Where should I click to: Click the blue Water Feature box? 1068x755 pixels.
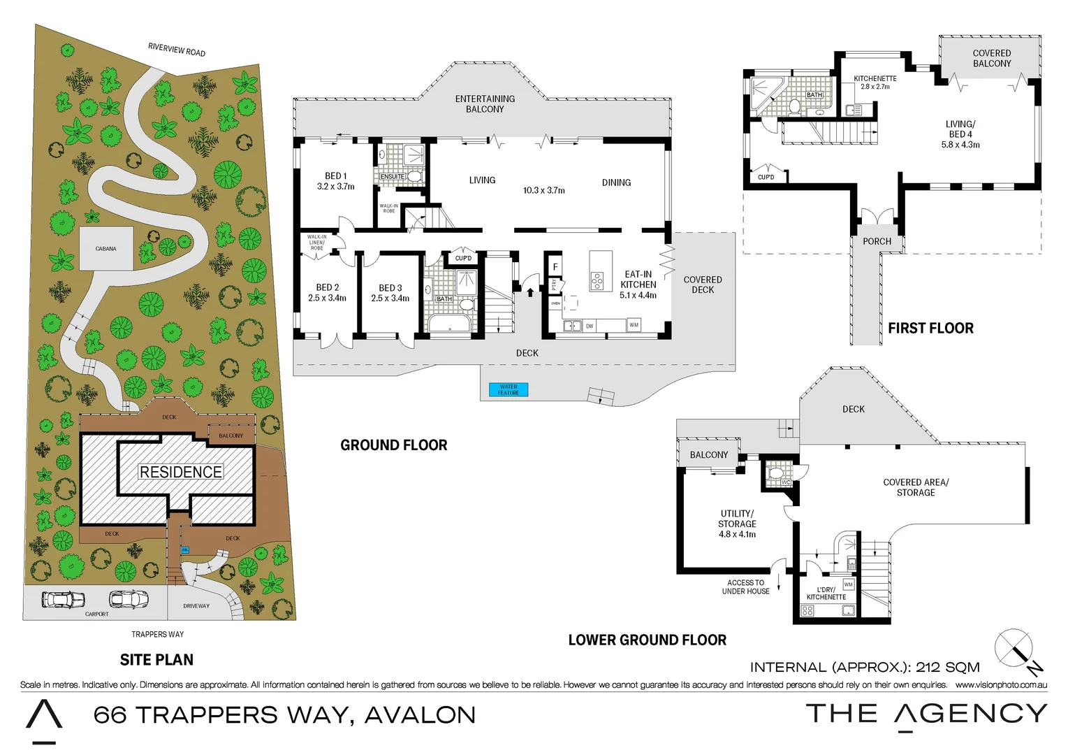[508, 390]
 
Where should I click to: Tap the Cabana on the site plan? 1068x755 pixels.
[106, 248]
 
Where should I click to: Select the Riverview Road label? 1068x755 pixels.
[177, 50]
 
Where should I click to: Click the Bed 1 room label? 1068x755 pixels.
[335, 176]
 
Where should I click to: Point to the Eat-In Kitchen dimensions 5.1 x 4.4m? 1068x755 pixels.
[638, 296]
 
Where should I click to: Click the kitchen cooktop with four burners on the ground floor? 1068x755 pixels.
[597, 281]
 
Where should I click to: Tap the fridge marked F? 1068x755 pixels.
[555, 267]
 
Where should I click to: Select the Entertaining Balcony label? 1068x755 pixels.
[485, 104]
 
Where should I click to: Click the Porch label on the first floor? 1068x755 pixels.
[877, 242]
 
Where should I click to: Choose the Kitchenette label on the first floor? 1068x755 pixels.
[875, 78]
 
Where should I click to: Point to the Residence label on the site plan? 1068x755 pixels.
[181, 473]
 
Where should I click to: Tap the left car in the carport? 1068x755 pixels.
[64, 600]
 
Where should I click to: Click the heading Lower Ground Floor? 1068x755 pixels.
[647, 640]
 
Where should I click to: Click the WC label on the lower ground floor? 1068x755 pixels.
[786, 482]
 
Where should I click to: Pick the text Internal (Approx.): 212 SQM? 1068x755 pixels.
[865, 668]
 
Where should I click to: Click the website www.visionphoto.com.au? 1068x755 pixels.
[1001, 685]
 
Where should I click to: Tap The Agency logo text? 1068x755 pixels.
[926, 714]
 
